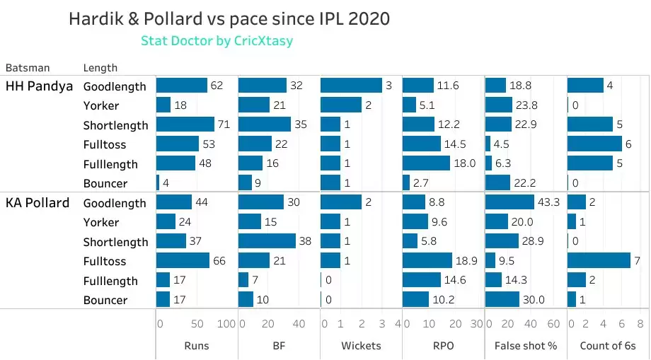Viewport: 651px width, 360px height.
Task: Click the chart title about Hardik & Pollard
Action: [229, 19]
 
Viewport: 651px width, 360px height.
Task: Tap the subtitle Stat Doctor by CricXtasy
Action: [217, 41]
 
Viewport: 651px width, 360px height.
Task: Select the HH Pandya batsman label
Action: [39, 86]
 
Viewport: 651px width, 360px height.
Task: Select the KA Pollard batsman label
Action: [38, 203]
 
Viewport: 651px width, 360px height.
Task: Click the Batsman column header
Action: [28, 68]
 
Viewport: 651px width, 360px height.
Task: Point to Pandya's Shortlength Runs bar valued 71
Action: [185, 124]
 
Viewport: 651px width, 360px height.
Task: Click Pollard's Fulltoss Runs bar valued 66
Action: [183, 261]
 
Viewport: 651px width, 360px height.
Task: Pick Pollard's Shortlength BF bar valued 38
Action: [267, 241]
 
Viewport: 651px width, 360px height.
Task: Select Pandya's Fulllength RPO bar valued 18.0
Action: [426, 163]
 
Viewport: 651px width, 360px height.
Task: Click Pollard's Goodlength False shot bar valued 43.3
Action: [509, 202]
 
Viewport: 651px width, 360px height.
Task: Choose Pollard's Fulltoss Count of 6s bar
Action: [599, 261]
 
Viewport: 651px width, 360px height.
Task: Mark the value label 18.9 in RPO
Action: [466, 262]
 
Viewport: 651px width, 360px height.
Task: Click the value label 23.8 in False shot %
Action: [526, 105]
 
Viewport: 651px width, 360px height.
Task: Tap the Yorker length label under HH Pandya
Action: [101, 105]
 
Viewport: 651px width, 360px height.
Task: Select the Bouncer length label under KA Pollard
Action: [105, 300]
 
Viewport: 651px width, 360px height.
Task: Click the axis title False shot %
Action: [525, 346]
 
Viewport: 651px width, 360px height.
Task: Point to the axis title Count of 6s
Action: [607, 346]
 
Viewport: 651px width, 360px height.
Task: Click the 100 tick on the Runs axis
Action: [226, 325]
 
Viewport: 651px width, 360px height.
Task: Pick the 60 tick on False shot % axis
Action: [553, 325]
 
